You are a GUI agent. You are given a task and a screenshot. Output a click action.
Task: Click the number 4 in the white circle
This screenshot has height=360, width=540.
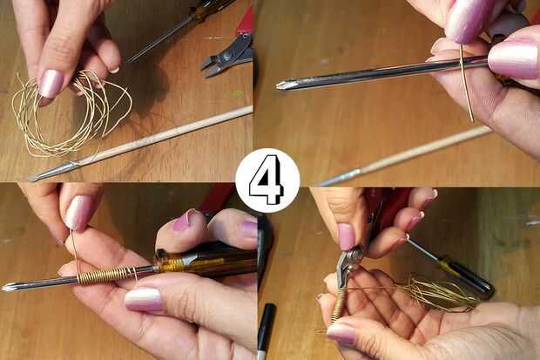267,180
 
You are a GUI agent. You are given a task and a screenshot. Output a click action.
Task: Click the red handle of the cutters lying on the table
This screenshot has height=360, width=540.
246,22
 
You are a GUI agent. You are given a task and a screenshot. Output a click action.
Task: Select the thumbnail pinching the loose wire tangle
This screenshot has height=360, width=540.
51,83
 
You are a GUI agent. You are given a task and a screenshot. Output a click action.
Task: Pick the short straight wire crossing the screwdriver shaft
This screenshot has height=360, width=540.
467,83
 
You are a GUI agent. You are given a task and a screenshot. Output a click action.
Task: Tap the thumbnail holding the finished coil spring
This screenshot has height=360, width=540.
341,333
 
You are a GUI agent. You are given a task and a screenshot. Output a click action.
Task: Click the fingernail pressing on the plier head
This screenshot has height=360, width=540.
346,236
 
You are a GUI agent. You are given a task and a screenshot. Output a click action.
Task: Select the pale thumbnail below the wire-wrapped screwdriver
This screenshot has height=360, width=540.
143,299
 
